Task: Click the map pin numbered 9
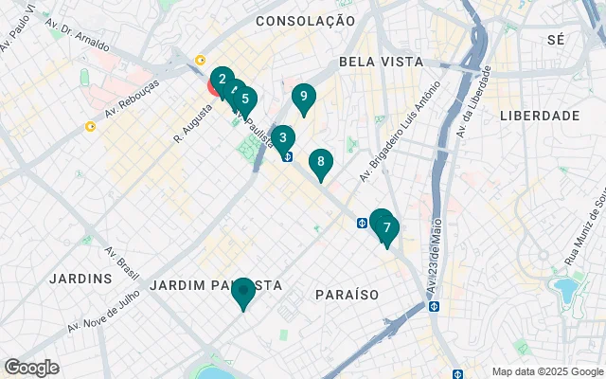pos(303,97)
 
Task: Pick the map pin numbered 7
pos(386,229)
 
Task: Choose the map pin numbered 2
pos(221,81)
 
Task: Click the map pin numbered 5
pos(245,99)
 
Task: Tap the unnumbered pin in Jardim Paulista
pos(243,292)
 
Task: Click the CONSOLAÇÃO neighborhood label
pos(305,21)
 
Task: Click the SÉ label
pos(556,40)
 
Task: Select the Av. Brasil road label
pos(120,266)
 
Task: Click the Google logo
pos(31,367)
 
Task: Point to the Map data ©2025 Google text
pos(547,371)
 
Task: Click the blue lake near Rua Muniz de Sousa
pos(565,287)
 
